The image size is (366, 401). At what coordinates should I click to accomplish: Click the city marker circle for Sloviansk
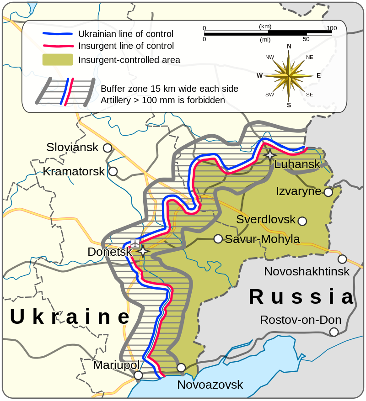pos(108,148)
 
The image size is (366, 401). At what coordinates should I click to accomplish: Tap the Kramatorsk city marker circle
pos(113,172)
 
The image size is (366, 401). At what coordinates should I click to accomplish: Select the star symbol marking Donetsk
pos(143,251)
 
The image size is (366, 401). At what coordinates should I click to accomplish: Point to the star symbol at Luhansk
pos(270,155)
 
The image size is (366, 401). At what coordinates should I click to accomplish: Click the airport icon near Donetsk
pos(135,243)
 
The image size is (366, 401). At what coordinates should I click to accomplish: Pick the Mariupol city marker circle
pos(138,375)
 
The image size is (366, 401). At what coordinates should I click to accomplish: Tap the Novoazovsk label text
pos(210,385)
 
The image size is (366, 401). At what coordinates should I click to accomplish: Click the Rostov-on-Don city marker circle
pos(334,332)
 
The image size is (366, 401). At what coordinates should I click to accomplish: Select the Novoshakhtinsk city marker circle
pos(342,259)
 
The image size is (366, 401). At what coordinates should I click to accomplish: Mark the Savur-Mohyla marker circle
pos(218,239)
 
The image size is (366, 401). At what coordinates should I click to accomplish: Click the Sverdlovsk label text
pos(266,220)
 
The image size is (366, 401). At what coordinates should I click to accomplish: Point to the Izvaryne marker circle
pos(328,192)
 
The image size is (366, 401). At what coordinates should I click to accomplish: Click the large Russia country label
pos(301,297)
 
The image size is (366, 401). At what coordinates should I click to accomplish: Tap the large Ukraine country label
pos(70,317)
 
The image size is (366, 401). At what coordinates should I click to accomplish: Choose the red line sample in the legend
pos(58,46)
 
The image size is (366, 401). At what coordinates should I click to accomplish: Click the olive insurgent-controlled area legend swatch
pos(58,60)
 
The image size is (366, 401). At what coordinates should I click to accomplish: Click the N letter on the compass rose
pos(289,46)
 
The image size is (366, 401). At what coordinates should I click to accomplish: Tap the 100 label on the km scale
pos(332,28)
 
